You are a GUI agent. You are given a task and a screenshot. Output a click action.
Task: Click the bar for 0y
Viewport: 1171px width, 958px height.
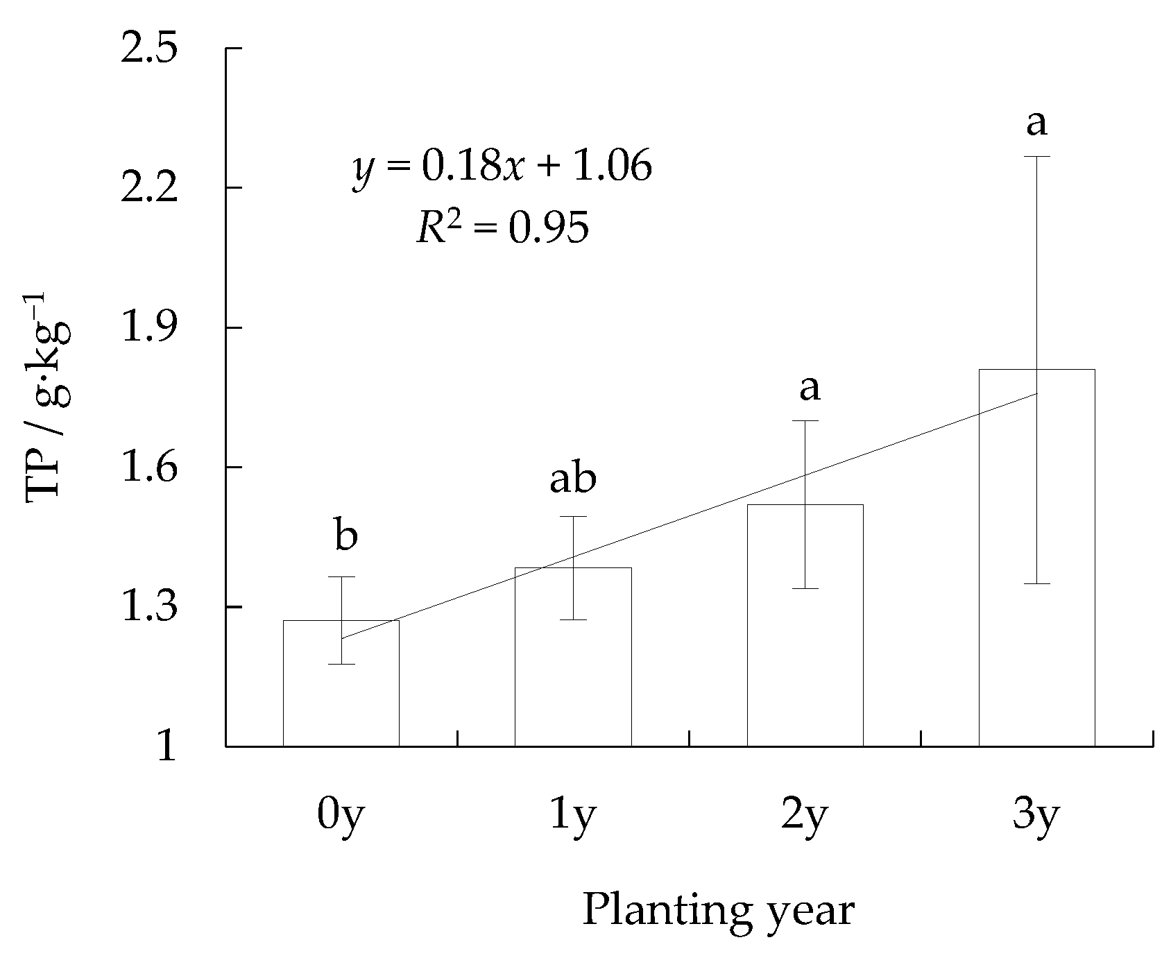(x=341, y=694)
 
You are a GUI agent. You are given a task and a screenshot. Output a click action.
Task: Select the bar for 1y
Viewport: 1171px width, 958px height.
(x=573, y=666)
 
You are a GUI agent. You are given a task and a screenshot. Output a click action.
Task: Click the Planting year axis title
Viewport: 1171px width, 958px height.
(x=718, y=911)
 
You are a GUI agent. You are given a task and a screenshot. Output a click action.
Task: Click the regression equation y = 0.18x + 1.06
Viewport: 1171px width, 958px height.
(x=503, y=167)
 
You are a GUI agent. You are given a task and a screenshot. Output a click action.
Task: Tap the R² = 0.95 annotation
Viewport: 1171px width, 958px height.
(x=503, y=228)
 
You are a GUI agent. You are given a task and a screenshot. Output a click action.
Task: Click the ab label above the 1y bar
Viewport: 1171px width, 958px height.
(x=573, y=478)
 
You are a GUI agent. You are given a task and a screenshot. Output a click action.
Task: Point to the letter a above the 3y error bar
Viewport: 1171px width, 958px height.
(x=1036, y=123)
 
